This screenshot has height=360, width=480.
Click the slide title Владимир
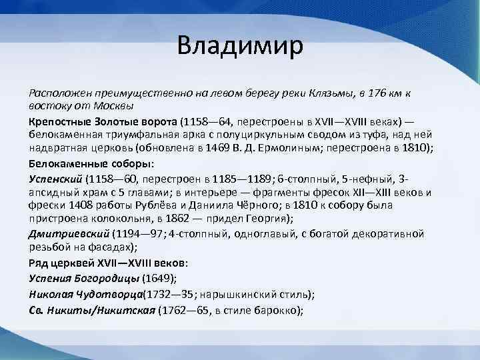click(x=240, y=47)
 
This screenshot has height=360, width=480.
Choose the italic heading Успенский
click(x=55, y=179)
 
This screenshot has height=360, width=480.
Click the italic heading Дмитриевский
click(x=68, y=234)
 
